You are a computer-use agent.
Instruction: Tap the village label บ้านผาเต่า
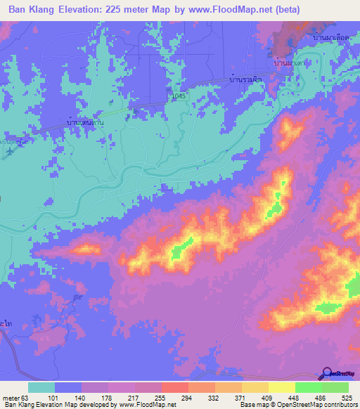pyautogui.click(x=290, y=63)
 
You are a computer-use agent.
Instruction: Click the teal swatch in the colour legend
pyautogui.click(x=41, y=387)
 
